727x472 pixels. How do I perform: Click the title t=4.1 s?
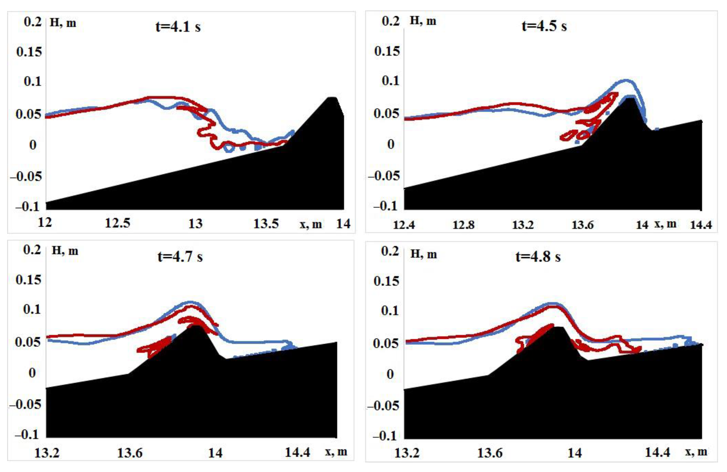(178, 27)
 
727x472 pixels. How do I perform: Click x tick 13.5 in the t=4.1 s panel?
(266, 224)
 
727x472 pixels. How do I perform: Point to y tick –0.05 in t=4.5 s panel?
(384, 176)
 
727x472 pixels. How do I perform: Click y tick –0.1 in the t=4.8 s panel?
(385, 436)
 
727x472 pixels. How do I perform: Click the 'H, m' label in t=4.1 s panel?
(63, 23)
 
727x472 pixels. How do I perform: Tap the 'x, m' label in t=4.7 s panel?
(336, 452)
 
